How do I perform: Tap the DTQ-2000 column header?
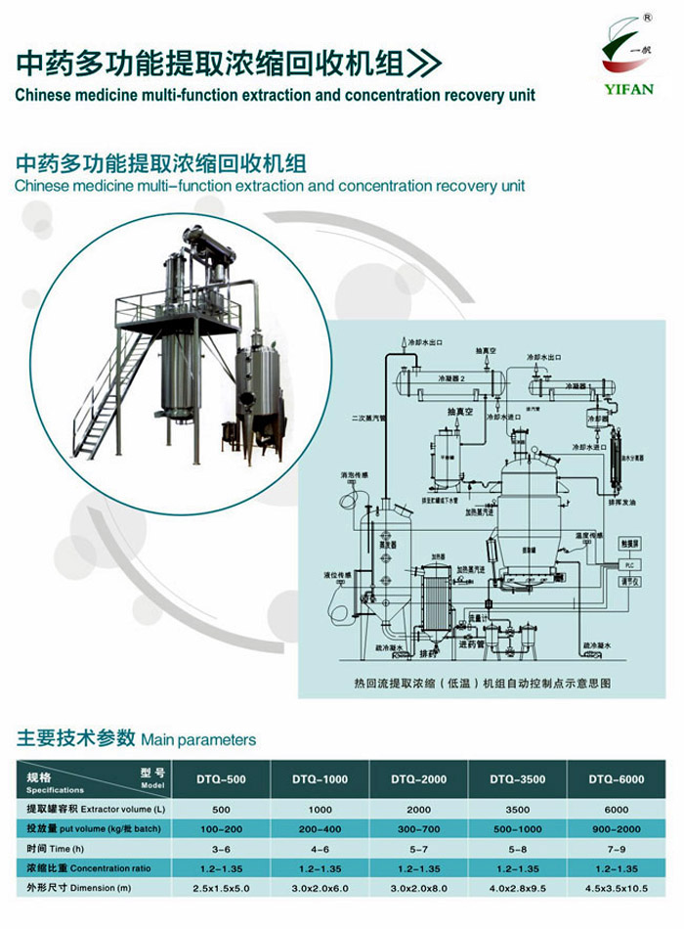click(419, 778)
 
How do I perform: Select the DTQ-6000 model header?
click(616, 778)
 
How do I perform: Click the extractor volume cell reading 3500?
click(518, 810)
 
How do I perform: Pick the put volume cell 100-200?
click(222, 828)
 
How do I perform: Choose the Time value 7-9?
click(616, 848)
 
